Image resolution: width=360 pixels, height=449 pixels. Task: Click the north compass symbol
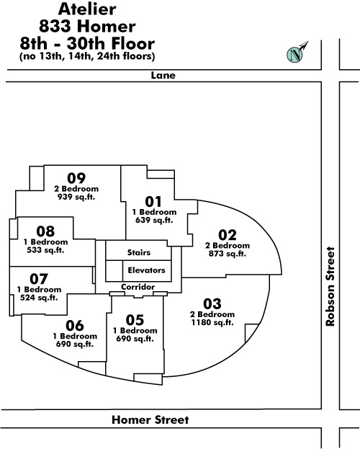tap(295, 54)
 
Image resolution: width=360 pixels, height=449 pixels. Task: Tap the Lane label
tap(163, 75)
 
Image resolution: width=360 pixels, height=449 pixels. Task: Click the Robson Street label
tap(330, 286)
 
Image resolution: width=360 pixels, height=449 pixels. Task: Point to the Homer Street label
tap(150, 419)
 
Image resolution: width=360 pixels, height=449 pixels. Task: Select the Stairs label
tap(139, 252)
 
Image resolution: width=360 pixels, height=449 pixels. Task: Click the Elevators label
tap(146, 270)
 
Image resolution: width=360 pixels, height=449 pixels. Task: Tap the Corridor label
tap(138, 287)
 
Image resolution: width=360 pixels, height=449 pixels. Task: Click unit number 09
tap(76, 178)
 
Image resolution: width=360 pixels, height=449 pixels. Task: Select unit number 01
tap(153, 202)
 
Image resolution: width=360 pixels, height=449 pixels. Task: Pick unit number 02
tap(228, 235)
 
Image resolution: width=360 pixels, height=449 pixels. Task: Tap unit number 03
tap(212, 304)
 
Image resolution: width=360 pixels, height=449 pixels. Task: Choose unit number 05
tap(135, 320)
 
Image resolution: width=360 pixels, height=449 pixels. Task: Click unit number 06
tap(75, 326)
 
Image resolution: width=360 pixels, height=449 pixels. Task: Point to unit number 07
tap(39, 279)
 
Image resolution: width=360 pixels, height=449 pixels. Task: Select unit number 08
tap(45, 231)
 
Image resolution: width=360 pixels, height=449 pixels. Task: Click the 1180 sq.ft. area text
tap(212, 322)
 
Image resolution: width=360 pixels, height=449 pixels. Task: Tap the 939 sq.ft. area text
tap(76, 197)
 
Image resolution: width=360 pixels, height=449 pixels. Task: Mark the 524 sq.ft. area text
tap(39, 298)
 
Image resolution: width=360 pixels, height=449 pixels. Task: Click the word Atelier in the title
tap(87, 9)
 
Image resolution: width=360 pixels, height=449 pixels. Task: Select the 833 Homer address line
tap(87, 27)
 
